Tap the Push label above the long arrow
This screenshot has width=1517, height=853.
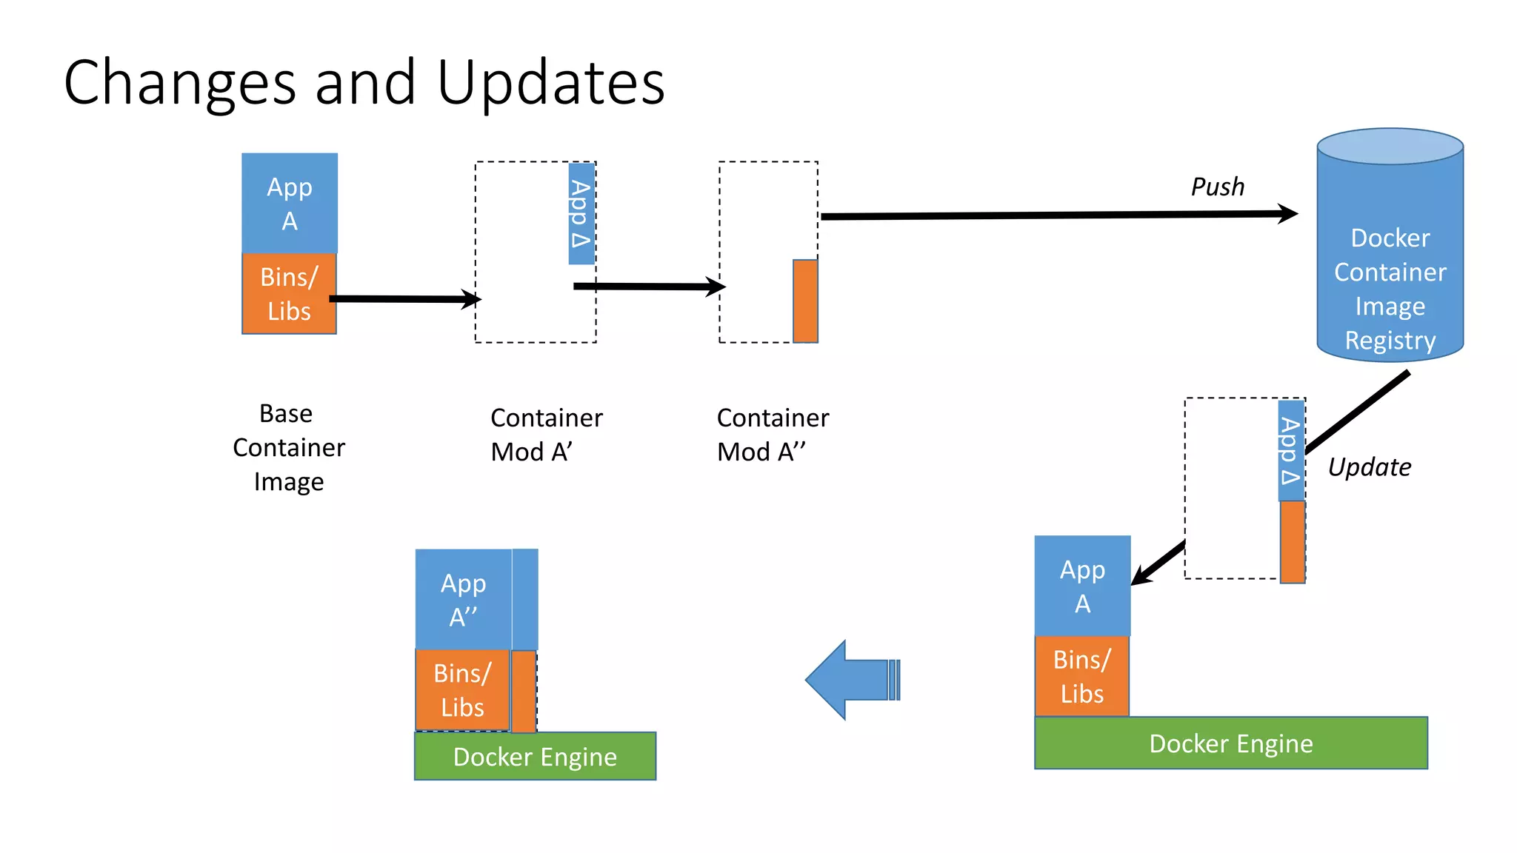pos(1217,187)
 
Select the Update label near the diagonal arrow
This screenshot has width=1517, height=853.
pos(1369,467)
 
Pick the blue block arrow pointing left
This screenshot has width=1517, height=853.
pos(852,680)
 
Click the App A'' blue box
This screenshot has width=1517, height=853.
pos(463,599)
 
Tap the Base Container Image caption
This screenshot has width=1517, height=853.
pos(289,447)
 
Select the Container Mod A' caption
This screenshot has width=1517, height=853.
pos(546,435)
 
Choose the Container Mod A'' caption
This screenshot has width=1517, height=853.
pos(772,435)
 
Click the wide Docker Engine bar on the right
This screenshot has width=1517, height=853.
pos(1230,743)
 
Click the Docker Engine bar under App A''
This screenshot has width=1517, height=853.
pos(535,756)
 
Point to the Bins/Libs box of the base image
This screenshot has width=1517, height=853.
pos(289,294)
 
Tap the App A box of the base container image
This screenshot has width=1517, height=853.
pos(290,203)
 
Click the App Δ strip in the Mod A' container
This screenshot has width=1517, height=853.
pos(581,214)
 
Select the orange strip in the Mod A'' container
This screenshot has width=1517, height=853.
pos(805,301)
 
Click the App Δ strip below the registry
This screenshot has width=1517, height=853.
pos(1291,451)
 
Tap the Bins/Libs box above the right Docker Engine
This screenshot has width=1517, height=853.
pos(1081,676)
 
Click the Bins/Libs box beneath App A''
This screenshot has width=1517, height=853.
pos(462,690)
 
